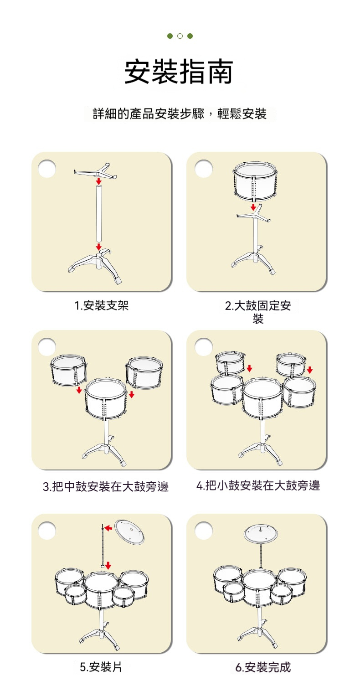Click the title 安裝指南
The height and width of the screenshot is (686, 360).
coord(179,72)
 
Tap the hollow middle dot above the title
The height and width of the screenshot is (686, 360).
coord(180,36)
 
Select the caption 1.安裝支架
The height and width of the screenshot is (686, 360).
coord(101,305)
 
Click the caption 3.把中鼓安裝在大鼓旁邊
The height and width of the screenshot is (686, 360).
coord(106,486)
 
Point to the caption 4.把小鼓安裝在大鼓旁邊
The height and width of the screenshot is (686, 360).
coord(258,485)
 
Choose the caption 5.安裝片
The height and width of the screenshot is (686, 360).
coord(101,667)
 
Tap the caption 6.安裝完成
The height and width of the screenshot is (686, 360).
coord(263,667)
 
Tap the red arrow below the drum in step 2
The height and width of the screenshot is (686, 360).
coord(253,207)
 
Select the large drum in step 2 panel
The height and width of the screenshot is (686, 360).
coord(255,181)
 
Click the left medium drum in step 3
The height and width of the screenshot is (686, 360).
coord(68,371)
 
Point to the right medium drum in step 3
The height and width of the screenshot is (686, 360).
coord(144,373)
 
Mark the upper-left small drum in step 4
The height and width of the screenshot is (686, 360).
coord(230,363)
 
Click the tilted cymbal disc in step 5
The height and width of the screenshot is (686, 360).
coord(129,531)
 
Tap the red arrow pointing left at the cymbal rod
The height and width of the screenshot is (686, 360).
coord(108,528)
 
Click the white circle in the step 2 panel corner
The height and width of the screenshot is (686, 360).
coord(204,169)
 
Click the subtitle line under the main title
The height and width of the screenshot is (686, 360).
coord(180,113)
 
